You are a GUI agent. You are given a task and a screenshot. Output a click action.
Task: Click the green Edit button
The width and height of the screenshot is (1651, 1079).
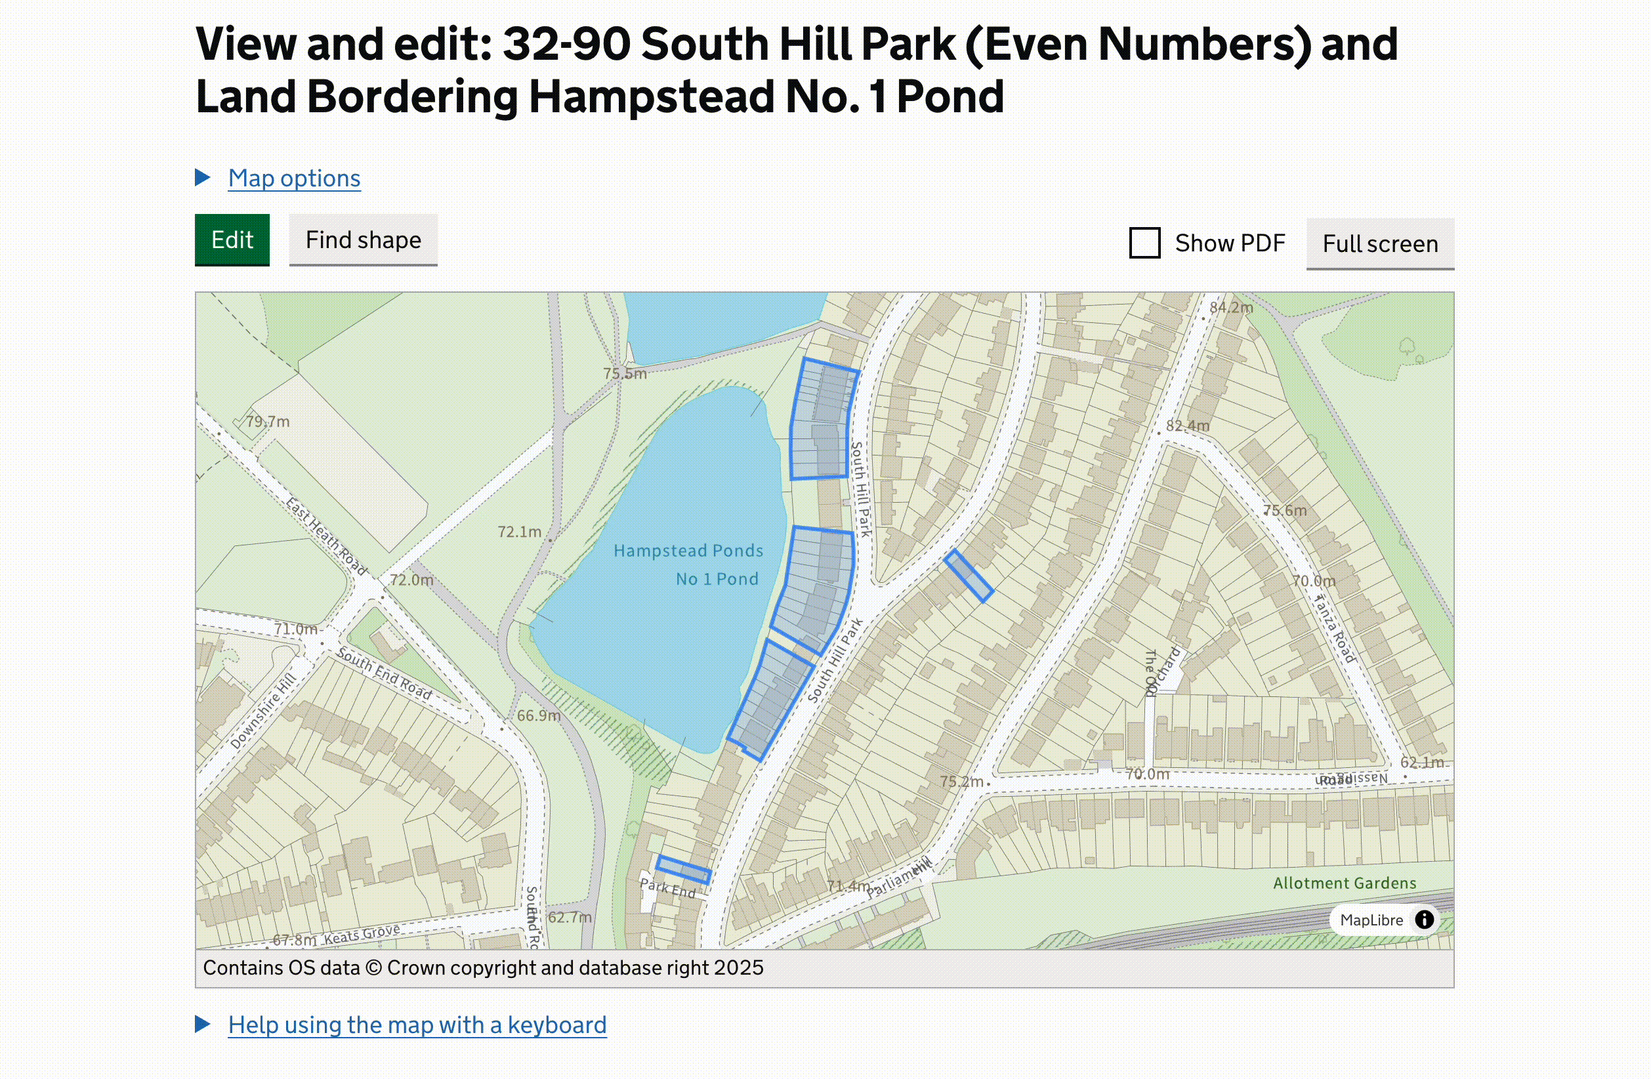point(232,240)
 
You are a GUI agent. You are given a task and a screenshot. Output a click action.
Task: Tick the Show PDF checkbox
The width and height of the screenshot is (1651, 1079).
point(1144,243)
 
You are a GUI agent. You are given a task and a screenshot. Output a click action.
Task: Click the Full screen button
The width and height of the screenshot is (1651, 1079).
point(1379,243)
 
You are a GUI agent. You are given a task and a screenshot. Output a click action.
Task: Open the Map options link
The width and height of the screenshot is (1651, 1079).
point(294,179)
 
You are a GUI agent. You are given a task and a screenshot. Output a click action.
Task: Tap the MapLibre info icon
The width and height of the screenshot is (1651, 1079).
point(1424,920)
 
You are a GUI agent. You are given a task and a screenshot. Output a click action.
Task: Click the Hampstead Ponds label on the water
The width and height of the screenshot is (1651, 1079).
point(688,551)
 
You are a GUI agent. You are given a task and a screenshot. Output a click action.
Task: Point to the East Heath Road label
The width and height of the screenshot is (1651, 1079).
point(326,536)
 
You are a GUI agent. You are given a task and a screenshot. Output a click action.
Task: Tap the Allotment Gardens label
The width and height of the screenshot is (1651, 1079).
point(1344,883)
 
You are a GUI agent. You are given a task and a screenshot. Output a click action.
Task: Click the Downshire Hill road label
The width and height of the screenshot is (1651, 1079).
point(263,711)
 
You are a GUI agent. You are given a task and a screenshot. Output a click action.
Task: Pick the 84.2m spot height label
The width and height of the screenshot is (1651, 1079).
point(1230,307)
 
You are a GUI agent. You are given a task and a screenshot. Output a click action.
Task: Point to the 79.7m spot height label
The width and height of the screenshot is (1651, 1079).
point(268,421)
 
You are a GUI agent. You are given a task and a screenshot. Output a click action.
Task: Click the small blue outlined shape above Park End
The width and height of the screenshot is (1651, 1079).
point(683,870)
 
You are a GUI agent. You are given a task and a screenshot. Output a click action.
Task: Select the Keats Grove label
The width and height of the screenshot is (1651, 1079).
point(362,934)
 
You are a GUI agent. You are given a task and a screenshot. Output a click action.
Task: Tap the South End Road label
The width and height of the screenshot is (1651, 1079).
point(384,672)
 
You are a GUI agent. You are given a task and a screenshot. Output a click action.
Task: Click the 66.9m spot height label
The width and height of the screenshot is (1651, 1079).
point(538,715)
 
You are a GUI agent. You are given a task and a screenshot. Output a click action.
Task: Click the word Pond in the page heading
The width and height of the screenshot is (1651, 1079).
point(950,96)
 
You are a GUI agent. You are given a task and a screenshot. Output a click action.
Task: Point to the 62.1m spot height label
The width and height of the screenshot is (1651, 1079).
point(1421,762)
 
